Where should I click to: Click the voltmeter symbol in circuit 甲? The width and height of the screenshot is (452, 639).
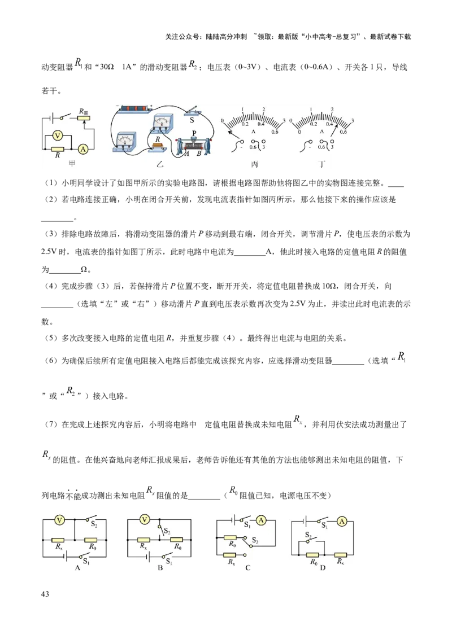[x=56, y=135]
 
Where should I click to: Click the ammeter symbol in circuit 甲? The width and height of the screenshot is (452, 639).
[x=83, y=149]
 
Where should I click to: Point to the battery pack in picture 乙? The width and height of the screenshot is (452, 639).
[x=135, y=108]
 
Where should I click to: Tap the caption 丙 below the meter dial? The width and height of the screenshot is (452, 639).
[x=254, y=165]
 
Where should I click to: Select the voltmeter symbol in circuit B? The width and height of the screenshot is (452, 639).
[x=145, y=519]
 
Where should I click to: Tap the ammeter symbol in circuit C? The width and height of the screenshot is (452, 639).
[x=261, y=520]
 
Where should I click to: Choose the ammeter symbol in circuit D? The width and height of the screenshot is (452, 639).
[x=341, y=523]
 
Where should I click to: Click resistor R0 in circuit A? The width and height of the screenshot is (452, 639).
[x=90, y=540]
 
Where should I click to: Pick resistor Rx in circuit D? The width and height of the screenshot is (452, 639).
[x=341, y=554]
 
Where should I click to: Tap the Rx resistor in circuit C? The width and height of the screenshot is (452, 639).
[x=230, y=555]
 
